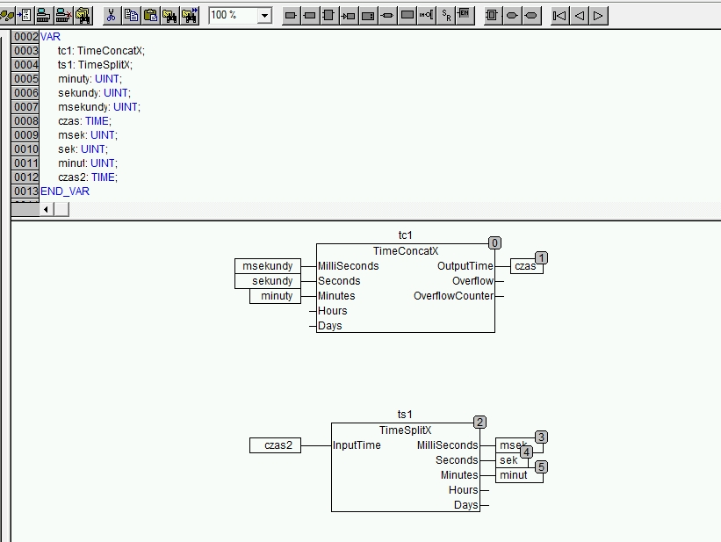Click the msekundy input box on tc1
click(268, 266)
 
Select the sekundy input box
click(268, 281)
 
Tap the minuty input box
click(275, 296)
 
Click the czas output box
click(527, 266)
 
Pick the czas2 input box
click(276, 445)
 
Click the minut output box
click(519, 475)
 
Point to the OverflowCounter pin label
click(453, 296)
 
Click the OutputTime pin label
click(465, 266)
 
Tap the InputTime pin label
click(357, 444)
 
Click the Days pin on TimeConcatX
click(330, 326)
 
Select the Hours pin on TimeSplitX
click(463, 490)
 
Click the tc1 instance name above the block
click(405, 235)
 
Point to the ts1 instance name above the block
click(405, 414)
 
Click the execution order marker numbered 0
click(494, 243)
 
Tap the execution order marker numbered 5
click(541, 467)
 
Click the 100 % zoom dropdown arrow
click(264, 16)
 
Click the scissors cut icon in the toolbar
click(111, 15)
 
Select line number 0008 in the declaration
click(25, 121)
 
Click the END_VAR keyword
click(65, 192)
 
